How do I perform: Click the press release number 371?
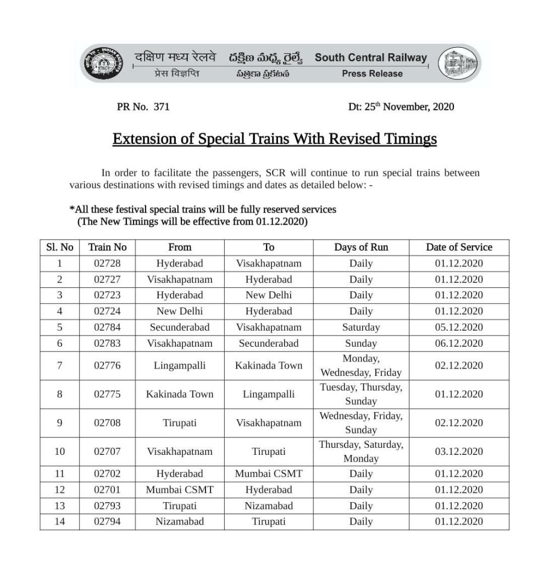pyautogui.click(x=162, y=107)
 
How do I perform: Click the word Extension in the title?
pyautogui.click(x=141, y=139)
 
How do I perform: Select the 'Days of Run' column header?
pyautogui.click(x=361, y=247)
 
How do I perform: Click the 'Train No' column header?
pyautogui.click(x=108, y=247)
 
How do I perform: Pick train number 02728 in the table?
pyautogui.click(x=108, y=263)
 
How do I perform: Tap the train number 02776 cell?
pyautogui.click(x=108, y=365)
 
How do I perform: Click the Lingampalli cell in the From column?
pyautogui.click(x=180, y=365)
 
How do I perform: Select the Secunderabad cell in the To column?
pyautogui.click(x=269, y=343)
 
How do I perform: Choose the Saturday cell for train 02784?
pyautogui.click(x=361, y=327)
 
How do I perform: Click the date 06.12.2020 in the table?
pyautogui.click(x=459, y=343)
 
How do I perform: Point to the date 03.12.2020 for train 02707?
pyautogui.click(x=459, y=452)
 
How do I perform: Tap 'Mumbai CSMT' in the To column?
pyautogui.click(x=269, y=474)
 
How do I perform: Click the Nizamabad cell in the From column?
pyautogui.click(x=180, y=521)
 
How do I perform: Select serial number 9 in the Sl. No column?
pyautogui.click(x=60, y=423)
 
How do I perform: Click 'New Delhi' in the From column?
pyautogui.click(x=180, y=311)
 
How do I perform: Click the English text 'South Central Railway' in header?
pyautogui.click(x=370, y=58)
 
